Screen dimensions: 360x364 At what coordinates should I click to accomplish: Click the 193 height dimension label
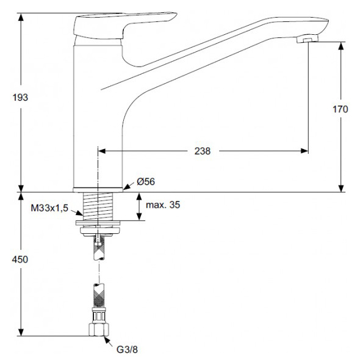coord(20,97)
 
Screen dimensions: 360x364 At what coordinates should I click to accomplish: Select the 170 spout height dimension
coord(340,109)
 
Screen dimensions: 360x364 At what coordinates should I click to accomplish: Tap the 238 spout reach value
coord(203,151)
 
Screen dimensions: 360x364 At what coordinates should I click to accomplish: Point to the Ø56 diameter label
coord(146,181)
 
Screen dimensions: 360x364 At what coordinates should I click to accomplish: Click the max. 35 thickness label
coord(163,205)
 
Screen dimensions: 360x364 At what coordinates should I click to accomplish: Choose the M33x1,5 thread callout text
coord(49,208)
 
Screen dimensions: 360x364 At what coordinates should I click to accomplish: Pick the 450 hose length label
coord(20,260)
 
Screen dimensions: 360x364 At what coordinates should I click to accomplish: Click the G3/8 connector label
coord(127,349)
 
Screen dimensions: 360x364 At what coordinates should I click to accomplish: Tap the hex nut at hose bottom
coord(99,330)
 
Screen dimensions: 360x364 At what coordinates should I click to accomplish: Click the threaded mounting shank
coord(98,206)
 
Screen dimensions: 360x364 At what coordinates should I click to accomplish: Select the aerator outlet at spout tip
coord(308,39)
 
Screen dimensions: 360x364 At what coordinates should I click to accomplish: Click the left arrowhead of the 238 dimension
coord(102,151)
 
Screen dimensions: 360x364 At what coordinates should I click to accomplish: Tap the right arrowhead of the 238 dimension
coord(304,151)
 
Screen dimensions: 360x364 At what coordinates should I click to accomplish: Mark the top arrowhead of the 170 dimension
coord(340,46)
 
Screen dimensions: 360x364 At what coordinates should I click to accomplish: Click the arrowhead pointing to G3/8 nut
coord(107,340)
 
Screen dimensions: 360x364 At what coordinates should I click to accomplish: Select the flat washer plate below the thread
coord(98,223)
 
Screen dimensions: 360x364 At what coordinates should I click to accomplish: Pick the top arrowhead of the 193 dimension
coord(21,17)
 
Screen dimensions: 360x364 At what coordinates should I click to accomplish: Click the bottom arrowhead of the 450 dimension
coord(21,332)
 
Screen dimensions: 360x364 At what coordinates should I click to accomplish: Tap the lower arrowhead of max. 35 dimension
coord(139,216)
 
